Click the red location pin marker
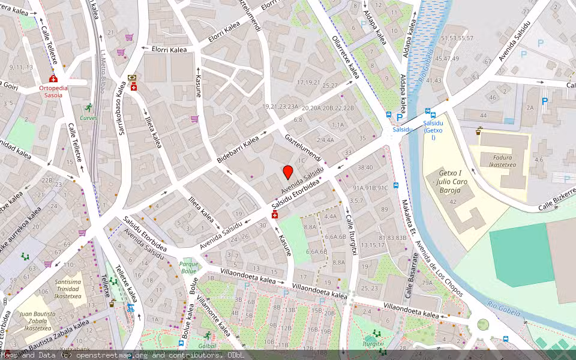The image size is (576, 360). (288, 173)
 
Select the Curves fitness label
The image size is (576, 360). (89, 118)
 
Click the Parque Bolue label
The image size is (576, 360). (188, 267)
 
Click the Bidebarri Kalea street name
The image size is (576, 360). (238, 149)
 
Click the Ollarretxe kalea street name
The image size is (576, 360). (346, 57)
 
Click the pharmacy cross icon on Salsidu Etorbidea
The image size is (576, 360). (275, 215)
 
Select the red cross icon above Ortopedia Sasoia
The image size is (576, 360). (53, 79)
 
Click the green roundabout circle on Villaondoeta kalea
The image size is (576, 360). (483, 325)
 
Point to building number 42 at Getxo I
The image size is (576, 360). (453, 202)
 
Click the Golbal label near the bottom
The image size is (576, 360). (206, 346)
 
